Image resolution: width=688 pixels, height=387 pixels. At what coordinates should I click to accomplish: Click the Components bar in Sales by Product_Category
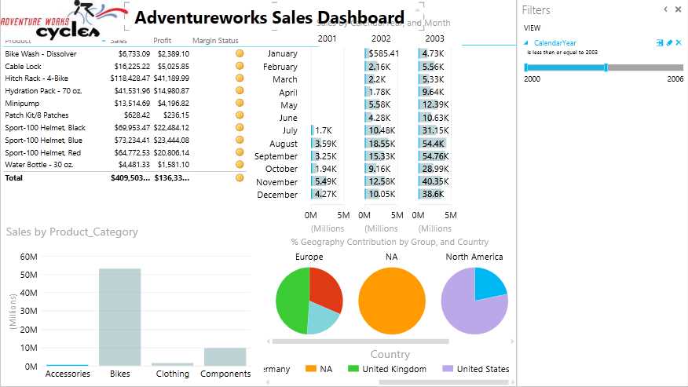(x=225, y=356)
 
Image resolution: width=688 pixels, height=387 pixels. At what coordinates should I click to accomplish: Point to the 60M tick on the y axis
(x=28, y=257)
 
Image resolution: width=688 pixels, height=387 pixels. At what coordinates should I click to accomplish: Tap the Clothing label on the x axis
(x=172, y=374)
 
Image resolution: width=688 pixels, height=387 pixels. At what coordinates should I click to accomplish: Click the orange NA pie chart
(x=392, y=301)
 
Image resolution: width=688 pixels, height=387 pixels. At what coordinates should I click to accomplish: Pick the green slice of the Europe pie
(x=291, y=302)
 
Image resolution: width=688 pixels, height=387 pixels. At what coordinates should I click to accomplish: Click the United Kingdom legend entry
(x=393, y=369)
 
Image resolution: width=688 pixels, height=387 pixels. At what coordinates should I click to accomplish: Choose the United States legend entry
(x=482, y=369)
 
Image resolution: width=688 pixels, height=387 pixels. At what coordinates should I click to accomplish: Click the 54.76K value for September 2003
(x=434, y=156)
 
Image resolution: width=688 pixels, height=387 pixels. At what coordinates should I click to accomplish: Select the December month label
(x=277, y=195)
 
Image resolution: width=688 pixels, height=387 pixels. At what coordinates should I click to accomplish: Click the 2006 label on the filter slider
(x=675, y=79)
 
